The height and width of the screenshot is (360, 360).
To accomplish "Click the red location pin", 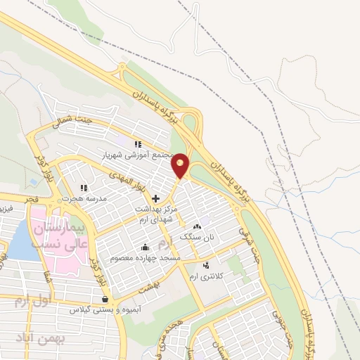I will [181, 165].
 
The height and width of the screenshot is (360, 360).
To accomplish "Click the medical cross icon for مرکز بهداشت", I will [156, 199].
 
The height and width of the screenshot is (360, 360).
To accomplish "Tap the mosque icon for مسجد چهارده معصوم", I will [145, 247].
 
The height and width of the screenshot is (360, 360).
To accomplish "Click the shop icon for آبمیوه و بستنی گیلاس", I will [105, 299].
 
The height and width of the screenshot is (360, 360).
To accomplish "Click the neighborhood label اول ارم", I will [32, 301].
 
